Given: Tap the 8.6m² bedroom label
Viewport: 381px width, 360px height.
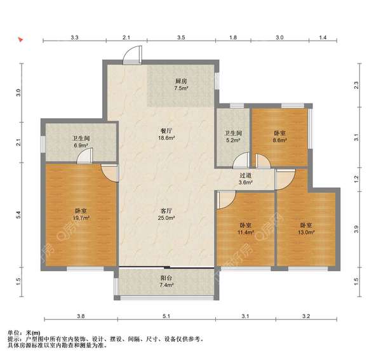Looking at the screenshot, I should (x=279, y=138).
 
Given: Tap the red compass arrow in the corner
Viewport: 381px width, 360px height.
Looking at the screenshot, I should (x=21, y=40).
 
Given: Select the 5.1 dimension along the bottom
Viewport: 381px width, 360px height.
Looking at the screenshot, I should (x=166, y=316).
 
